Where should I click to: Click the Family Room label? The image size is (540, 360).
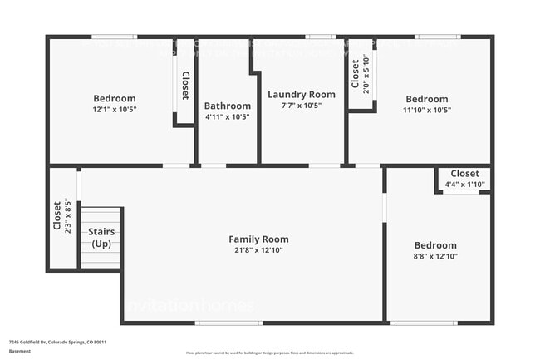point(258,239)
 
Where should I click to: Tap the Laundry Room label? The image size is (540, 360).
point(302,95)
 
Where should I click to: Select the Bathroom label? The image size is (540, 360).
point(228,106)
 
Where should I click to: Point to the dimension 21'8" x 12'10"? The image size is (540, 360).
point(258,250)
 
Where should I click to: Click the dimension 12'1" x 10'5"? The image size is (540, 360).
point(115,110)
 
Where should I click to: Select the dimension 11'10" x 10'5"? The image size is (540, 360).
point(427,110)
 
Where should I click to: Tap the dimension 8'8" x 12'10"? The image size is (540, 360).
point(435,256)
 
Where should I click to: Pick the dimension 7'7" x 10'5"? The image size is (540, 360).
point(302,106)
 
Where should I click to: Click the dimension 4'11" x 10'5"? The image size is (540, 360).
point(228,116)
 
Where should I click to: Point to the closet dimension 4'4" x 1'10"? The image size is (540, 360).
point(464,184)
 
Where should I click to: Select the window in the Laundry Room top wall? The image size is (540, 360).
point(320,37)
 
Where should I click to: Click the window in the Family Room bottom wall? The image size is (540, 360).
point(228,323)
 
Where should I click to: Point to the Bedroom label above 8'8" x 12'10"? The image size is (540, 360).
point(435,245)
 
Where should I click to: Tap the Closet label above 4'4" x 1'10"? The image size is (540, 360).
point(464,174)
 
